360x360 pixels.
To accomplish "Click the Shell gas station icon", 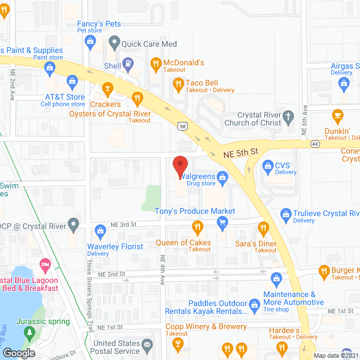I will point(128,64).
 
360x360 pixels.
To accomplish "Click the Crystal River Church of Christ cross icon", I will point(287,117).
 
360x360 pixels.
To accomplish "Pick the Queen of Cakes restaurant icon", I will point(197,228).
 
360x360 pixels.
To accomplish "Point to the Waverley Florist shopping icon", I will point(101,230).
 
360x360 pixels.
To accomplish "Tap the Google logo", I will point(18,353).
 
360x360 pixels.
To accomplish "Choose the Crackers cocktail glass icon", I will point(107,88).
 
